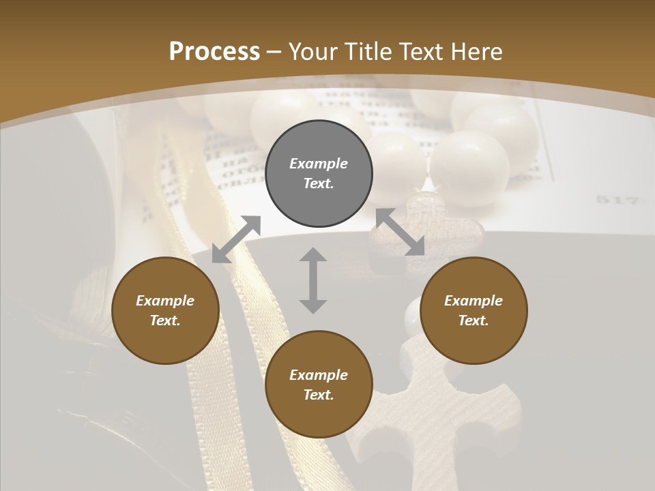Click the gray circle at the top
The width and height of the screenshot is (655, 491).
319,174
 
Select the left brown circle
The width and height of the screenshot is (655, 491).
165,310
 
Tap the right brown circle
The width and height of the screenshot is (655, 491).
474,310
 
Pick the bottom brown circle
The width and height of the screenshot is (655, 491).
319,385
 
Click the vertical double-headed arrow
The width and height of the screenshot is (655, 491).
313,280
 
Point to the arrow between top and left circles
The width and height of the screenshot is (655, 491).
236,239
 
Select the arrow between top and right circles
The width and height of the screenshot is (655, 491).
401,232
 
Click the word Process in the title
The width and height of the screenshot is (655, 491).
214,51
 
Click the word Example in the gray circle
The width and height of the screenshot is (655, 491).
319,164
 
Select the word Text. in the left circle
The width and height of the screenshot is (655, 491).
165,321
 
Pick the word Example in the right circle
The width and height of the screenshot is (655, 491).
474,301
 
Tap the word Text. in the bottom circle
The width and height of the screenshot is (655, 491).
319,395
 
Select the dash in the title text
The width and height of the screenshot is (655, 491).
274,53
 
